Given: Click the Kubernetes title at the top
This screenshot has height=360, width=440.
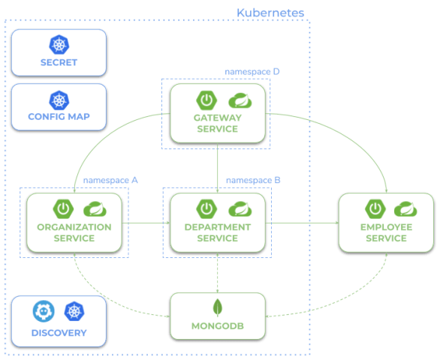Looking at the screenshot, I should (270, 13).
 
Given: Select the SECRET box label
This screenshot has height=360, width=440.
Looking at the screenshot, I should (58, 62).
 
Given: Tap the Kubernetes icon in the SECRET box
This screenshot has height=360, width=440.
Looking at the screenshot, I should (58, 44).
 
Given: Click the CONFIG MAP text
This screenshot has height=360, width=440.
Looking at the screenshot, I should (58, 117).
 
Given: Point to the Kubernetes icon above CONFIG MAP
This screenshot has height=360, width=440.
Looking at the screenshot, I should (58, 99).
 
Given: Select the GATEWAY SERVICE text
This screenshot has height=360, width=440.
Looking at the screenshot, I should (218, 123).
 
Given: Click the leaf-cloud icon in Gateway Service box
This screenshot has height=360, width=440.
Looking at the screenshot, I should (238, 100).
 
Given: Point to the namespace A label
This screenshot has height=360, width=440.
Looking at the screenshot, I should (110, 181).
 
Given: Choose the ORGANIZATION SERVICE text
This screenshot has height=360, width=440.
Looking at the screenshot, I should (74, 232).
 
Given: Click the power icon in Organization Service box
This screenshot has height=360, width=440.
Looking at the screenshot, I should (61, 208).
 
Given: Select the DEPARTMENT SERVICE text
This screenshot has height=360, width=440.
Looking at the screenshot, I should (218, 232).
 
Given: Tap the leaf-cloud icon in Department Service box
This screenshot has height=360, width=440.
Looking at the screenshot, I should (238, 208).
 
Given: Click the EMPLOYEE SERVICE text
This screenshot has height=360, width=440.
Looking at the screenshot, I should (386, 232).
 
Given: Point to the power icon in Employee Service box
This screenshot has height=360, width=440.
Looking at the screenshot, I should (373, 208).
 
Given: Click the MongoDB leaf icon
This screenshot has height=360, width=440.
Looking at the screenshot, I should (218, 307).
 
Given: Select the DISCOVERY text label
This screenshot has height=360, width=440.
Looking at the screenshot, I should (59, 332).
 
